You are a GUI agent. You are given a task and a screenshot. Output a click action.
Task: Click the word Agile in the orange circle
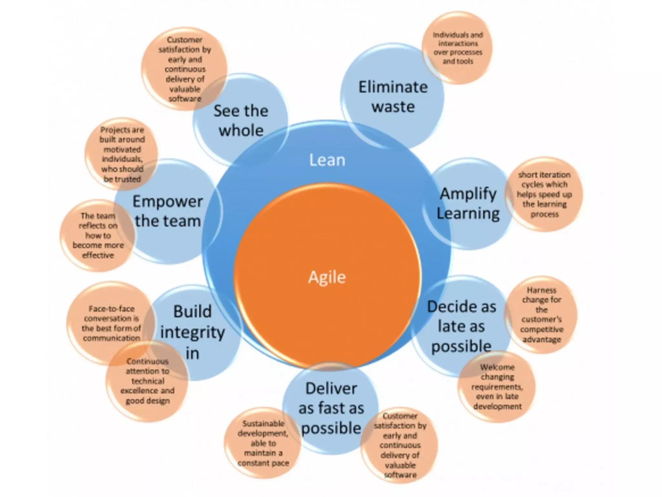[x=327, y=277]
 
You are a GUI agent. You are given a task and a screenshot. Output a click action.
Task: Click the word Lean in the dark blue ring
[x=327, y=160]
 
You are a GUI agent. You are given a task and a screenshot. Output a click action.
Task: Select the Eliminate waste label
[x=393, y=97]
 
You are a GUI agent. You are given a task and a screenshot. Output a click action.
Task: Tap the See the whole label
[x=241, y=120]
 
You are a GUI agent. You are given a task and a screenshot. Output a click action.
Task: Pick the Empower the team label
[x=168, y=211]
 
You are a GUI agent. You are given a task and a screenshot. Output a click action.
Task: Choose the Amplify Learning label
[x=468, y=204]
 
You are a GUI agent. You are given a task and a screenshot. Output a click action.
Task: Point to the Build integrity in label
[x=192, y=332]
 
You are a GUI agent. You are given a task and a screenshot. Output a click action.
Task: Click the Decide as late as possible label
[x=461, y=326]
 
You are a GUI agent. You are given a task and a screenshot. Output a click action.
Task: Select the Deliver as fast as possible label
[x=331, y=408]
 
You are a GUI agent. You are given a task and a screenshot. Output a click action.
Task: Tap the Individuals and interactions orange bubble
[x=458, y=48]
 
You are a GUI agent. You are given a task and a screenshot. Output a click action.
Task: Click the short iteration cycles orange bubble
[x=544, y=194]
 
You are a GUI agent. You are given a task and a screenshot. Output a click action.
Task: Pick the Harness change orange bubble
[x=541, y=315]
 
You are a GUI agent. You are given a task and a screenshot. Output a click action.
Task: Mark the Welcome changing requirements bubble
[x=497, y=387]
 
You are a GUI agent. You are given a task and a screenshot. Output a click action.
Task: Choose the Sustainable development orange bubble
[x=263, y=443]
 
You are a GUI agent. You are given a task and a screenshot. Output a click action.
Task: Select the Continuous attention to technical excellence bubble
[x=147, y=381]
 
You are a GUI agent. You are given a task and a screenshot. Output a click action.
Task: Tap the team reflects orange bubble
[x=98, y=235]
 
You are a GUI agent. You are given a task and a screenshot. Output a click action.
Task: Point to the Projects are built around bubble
[x=122, y=154]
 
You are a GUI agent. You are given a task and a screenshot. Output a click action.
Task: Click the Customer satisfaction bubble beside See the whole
[x=185, y=69]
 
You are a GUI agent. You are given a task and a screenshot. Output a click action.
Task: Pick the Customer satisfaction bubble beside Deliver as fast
[x=400, y=445]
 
